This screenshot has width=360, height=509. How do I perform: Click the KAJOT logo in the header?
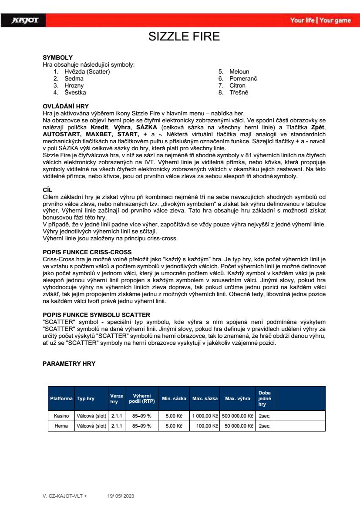[x=25, y=20]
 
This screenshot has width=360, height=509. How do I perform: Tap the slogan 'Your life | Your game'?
[x=320, y=20]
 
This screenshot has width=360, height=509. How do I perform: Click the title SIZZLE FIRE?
[x=184, y=37]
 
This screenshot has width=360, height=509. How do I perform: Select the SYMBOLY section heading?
[x=57, y=57]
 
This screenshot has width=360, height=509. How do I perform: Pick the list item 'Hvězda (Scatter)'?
[x=87, y=71]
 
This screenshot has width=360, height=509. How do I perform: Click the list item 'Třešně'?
[x=239, y=92]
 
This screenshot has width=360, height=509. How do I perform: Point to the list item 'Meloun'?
[x=239, y=71]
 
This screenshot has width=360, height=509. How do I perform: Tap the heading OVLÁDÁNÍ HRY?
[x=66, y=106]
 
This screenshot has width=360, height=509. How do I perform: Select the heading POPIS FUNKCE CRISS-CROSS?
[x=87, y=252]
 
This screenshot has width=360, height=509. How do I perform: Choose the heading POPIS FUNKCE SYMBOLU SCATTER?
[x=96, y=315]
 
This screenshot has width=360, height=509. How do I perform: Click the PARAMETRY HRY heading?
[x=69, y=364]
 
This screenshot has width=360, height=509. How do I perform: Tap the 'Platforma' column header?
[x=61, y=398]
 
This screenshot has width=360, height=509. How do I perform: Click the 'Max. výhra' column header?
[x=237, y=398]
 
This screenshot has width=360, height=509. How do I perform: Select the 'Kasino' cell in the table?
[x=61, y=416]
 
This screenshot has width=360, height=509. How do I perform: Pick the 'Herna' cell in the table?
[x=61, y=426]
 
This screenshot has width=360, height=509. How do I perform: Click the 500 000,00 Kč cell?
[x=237, y=416]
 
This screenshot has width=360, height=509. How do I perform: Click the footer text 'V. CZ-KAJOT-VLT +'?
[x=64, y=496]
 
